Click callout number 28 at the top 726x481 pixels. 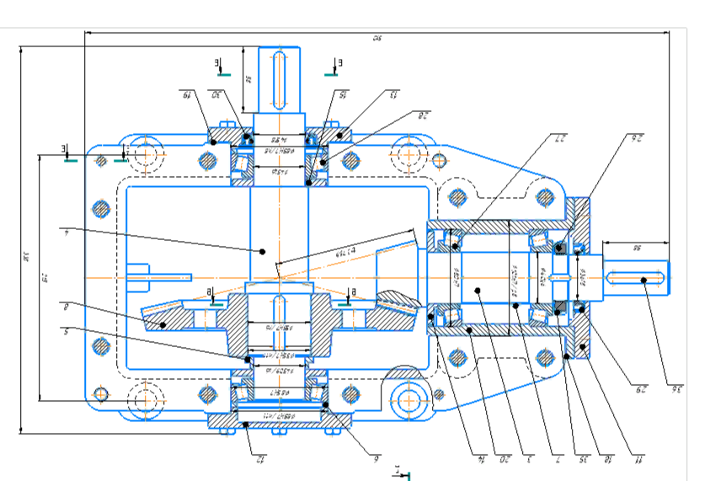tap(424, 112)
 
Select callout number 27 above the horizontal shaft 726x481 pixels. tap(557, 136)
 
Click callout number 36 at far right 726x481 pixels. tap(675, 388)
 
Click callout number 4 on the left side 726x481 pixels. tap(65, 228)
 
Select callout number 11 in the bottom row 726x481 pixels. tap(638, 460)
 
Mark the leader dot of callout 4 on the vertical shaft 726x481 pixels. tap(263, 251)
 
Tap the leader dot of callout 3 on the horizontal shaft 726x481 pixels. tap(478, 291)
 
